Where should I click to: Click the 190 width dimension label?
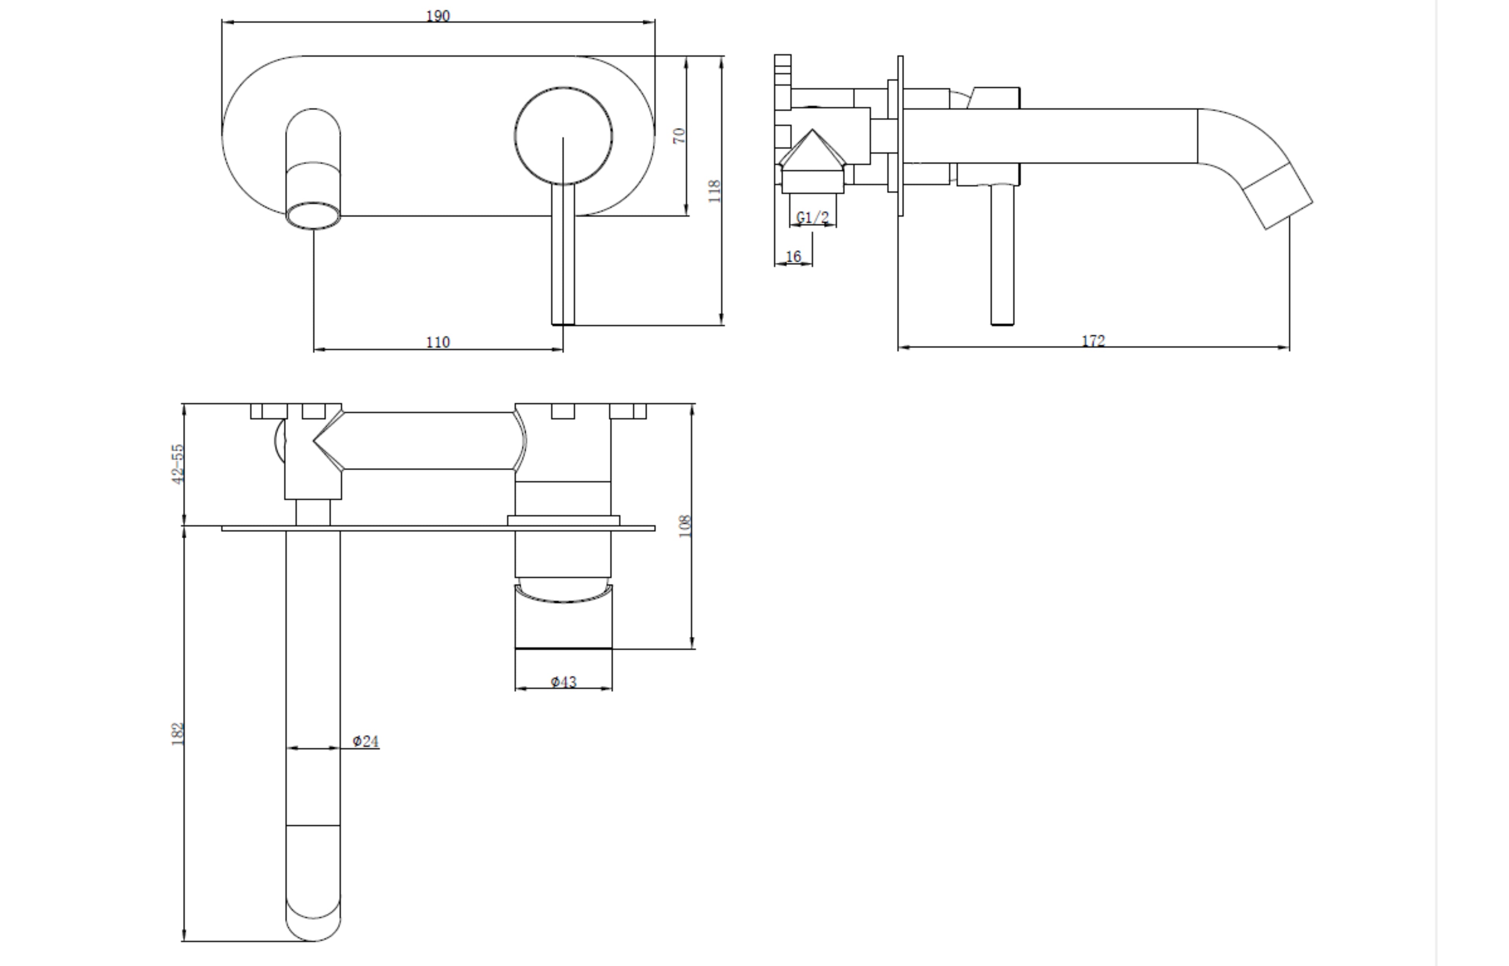tap(438, 16)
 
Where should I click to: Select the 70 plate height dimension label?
tap(679, 136)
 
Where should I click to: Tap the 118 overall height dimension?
tap(714, 191)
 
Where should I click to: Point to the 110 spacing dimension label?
tap(438, 342)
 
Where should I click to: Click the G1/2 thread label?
tap(812, 217)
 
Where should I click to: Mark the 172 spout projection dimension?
tap(1093, 340)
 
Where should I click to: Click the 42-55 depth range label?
tap(178, 464)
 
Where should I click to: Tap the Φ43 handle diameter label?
tap(563, 681)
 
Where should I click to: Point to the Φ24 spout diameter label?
tap(365, 741)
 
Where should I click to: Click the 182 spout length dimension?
tap(178, 734)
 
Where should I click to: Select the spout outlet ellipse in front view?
tap(313, 215)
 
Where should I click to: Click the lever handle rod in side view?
tap(1002, 257)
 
